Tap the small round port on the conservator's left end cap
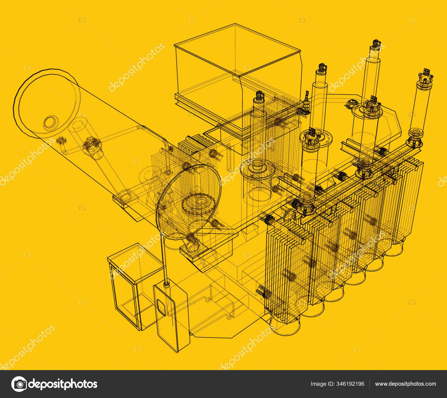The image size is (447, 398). (x=51, y=122)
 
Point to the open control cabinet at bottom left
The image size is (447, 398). (x=131, y=287)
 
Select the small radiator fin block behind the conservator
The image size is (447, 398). (x=193, y=145)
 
